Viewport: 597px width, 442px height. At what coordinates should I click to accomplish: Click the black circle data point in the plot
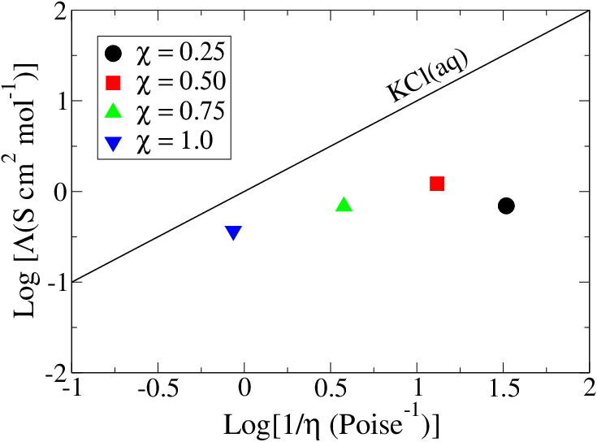tap(506, 206)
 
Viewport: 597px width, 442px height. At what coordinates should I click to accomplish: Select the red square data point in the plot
tap(437, 184)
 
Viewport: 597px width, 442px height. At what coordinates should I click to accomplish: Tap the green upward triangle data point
tap(344, 205)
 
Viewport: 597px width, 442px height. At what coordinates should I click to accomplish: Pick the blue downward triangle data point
tap(233, 233)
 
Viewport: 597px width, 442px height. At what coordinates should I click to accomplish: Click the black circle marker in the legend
tap(114, 54)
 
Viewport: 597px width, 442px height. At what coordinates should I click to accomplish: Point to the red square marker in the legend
tap(114, 82)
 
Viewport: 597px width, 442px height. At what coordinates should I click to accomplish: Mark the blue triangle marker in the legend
tap(114, 141)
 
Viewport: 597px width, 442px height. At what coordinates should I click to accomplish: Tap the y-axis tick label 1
tap(58, 102)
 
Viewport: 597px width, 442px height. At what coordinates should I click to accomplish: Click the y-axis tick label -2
tap(54, 373)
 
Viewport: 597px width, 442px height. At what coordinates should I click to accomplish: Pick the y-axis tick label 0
tap(58, 192)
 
